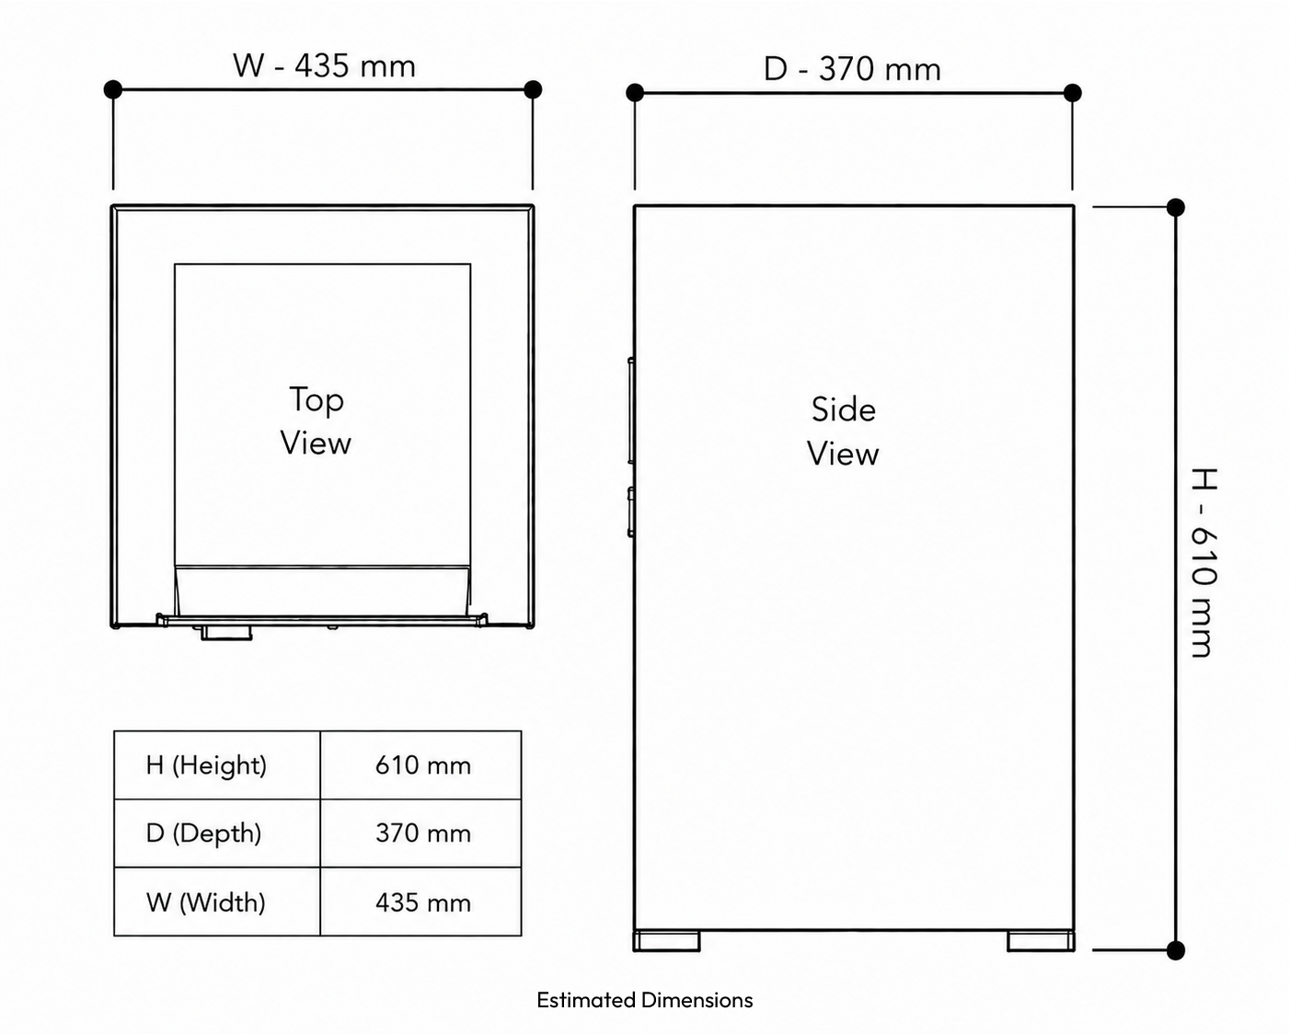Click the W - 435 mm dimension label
pos(324,65)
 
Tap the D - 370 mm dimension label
pos(852,69)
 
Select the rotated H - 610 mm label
pos(1204,562)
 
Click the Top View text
pos(316,421)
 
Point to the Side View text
pos(843,431)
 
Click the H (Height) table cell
pos(217,765)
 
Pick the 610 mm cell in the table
pos(420,765)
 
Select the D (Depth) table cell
pos(217,833)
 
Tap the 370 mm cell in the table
pos(420,833)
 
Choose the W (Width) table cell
pos(217,902)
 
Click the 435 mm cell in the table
pos(420,902)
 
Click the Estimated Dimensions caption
pos(644,1000)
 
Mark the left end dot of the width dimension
pos(112,90)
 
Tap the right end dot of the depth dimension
pos(1073,93)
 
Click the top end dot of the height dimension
pos(1176,207)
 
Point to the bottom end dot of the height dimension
pos(1176,950)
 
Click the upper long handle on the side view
pos(631,410)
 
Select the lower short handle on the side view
pos(631,511)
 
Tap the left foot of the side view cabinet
pos(666,941)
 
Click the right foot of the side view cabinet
pos(1041,941)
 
